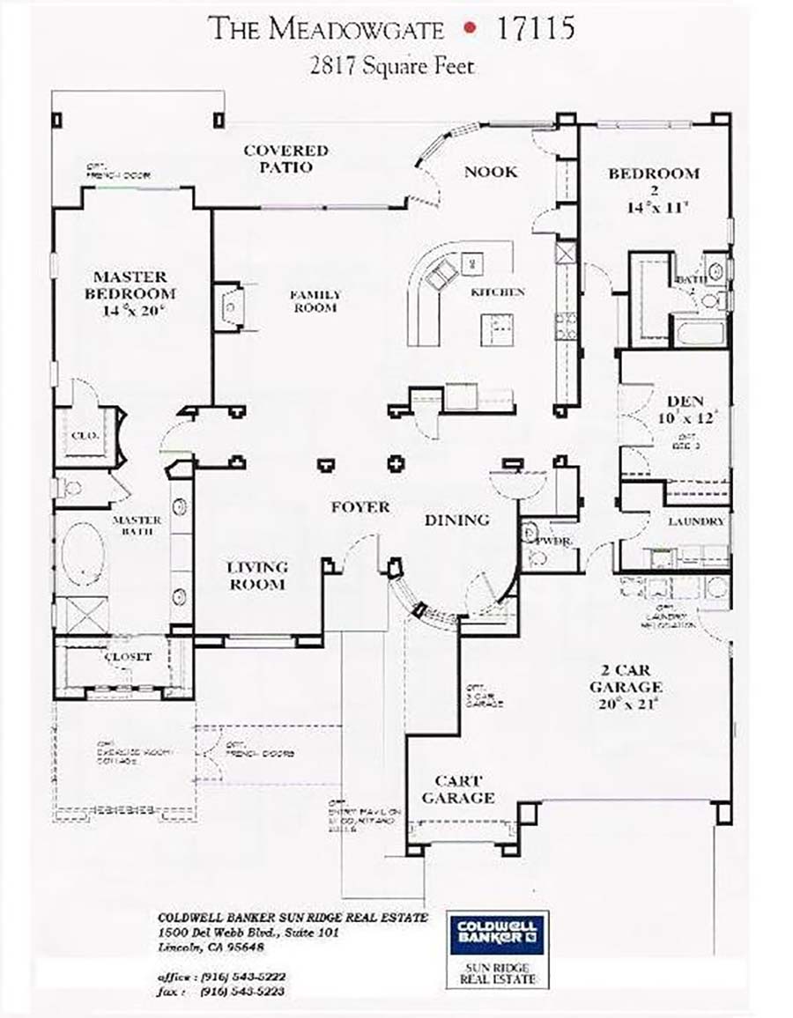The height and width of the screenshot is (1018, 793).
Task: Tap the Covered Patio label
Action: pos(285,159)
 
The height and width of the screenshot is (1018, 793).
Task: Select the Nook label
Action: pos(491,172)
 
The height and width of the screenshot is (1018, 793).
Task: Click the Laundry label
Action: pos(696,521)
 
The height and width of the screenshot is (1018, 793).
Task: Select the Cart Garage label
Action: pos(457,790)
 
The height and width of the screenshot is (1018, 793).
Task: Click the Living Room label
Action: pos(257,575)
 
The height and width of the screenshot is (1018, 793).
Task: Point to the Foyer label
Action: pos(359,507)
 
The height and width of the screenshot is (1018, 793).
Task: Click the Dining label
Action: pos(456,520)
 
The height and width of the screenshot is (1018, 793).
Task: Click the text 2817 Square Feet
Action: pos(393,67)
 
